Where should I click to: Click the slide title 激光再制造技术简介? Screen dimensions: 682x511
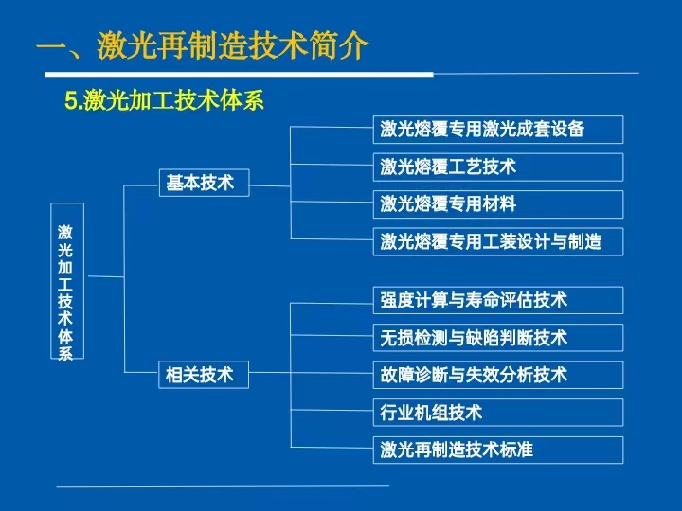point(203,45)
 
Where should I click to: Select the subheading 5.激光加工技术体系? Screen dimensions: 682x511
point(165,100)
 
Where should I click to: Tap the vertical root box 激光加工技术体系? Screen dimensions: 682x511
point(67,281)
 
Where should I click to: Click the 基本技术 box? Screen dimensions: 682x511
point(204,183)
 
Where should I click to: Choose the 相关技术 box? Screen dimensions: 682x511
point(204,374)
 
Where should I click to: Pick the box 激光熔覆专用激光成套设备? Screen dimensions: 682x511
point(498,130)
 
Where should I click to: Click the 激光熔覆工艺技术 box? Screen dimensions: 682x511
point(498,167)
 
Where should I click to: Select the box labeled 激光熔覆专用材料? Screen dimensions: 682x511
point(498,204)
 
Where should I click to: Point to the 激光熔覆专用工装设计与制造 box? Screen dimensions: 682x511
point(498,241)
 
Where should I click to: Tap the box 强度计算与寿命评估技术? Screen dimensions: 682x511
point(498,300)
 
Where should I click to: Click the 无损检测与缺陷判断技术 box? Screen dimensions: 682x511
point(498,338)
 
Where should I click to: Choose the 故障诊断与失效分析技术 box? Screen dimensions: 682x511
point(498,375)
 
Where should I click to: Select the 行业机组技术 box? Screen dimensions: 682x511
point(498,413)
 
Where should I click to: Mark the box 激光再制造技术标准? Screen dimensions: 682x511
point(498,449)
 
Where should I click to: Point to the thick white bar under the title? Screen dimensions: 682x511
point(240,75)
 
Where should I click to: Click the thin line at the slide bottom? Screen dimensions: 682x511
point(223,486)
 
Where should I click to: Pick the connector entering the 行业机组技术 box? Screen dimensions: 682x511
point(332,410)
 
